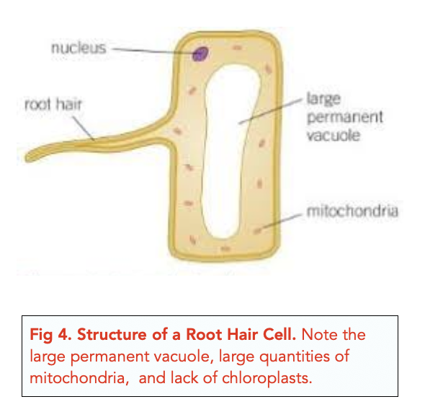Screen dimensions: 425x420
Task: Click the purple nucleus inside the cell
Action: (x=200, y=53)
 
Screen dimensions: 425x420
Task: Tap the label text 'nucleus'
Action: (x=79, y=48)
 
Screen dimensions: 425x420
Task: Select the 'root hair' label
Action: (x=53, y=105)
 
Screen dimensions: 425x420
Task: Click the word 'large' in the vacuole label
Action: (x=323, y=99)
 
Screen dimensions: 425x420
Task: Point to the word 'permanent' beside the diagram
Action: (x=345, y=117)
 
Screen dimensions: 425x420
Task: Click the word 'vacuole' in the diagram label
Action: (x=334, y=135)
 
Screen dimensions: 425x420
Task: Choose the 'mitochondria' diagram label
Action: (x=352, y=211)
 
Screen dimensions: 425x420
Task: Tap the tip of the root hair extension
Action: (x=26, y=159)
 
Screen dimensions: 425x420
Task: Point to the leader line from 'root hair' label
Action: (x=84, y=128)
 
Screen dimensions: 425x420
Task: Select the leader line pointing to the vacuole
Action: (x=270, y=111)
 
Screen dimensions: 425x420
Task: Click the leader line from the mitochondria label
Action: (x=279, y=222)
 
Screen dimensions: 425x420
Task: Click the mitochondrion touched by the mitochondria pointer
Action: (x=257, y=231)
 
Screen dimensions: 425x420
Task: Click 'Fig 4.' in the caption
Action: (x=50, y=335)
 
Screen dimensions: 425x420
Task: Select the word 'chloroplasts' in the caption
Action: (x=267, y=377)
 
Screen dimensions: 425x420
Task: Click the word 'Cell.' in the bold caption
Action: (x=279, y=334)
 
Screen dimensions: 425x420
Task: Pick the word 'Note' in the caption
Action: (x=318, y=334)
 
